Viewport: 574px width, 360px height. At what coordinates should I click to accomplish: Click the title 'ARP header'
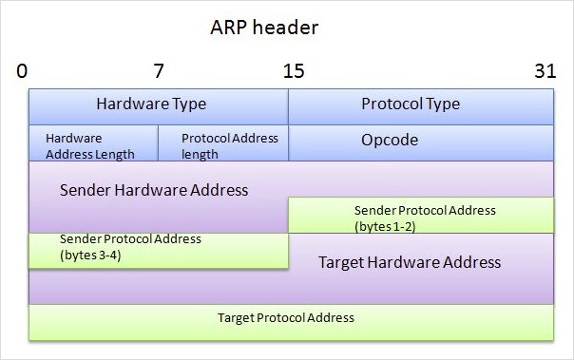(x=263, y=28)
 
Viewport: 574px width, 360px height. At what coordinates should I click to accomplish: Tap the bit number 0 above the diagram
(x=22, y=71)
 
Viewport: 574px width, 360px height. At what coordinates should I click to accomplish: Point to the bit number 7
(x=158, y=71)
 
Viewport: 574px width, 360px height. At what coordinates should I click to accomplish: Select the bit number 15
(x=293, y=71)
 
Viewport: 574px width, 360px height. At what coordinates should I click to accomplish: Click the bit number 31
(x=544, y=71)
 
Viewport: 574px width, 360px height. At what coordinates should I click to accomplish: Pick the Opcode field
(x=421, y=142)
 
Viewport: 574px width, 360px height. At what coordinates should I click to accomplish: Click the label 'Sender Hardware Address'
(x=153, y=189)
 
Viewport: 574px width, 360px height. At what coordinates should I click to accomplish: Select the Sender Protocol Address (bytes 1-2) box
(x=421, y=216)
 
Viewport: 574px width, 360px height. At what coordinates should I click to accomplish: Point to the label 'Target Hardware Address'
(x=409, y=261)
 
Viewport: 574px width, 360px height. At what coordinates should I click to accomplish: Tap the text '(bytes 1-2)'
(x=384, y=226)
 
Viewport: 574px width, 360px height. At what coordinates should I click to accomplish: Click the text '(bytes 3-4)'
(x=90, y=256)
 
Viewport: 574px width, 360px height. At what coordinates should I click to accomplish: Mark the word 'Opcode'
(x=389, y=140)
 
